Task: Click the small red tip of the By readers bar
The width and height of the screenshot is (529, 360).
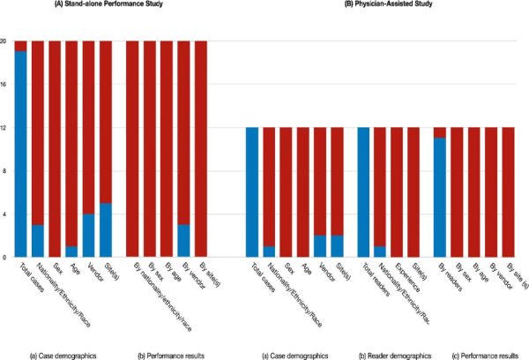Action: [x=440, y=132]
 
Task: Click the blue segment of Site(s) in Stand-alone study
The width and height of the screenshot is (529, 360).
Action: [x=106, y=230]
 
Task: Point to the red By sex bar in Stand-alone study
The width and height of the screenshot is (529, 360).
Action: [x=149, y=149]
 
